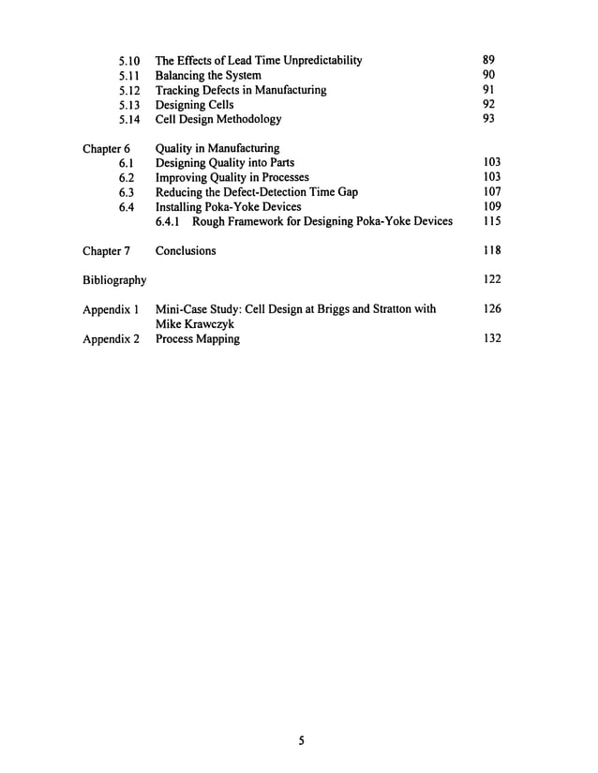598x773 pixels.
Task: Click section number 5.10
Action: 130,61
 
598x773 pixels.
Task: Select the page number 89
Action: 488,60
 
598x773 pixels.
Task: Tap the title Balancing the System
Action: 208,76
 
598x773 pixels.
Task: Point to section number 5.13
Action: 130,105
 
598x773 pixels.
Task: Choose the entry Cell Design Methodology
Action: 217,120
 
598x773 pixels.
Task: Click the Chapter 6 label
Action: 106,148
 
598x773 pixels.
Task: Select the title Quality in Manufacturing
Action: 217,148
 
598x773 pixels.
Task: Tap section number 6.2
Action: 128,178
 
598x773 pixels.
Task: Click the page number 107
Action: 491,191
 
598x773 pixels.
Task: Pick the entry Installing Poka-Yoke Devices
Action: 228,207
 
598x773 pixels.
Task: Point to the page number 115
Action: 491,221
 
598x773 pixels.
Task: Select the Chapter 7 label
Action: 106,251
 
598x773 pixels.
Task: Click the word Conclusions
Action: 186,251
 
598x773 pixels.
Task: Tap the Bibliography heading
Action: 114,280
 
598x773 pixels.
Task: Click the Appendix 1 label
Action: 111,309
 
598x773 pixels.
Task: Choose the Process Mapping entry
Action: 197,339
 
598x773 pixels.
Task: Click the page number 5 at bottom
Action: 302,740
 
